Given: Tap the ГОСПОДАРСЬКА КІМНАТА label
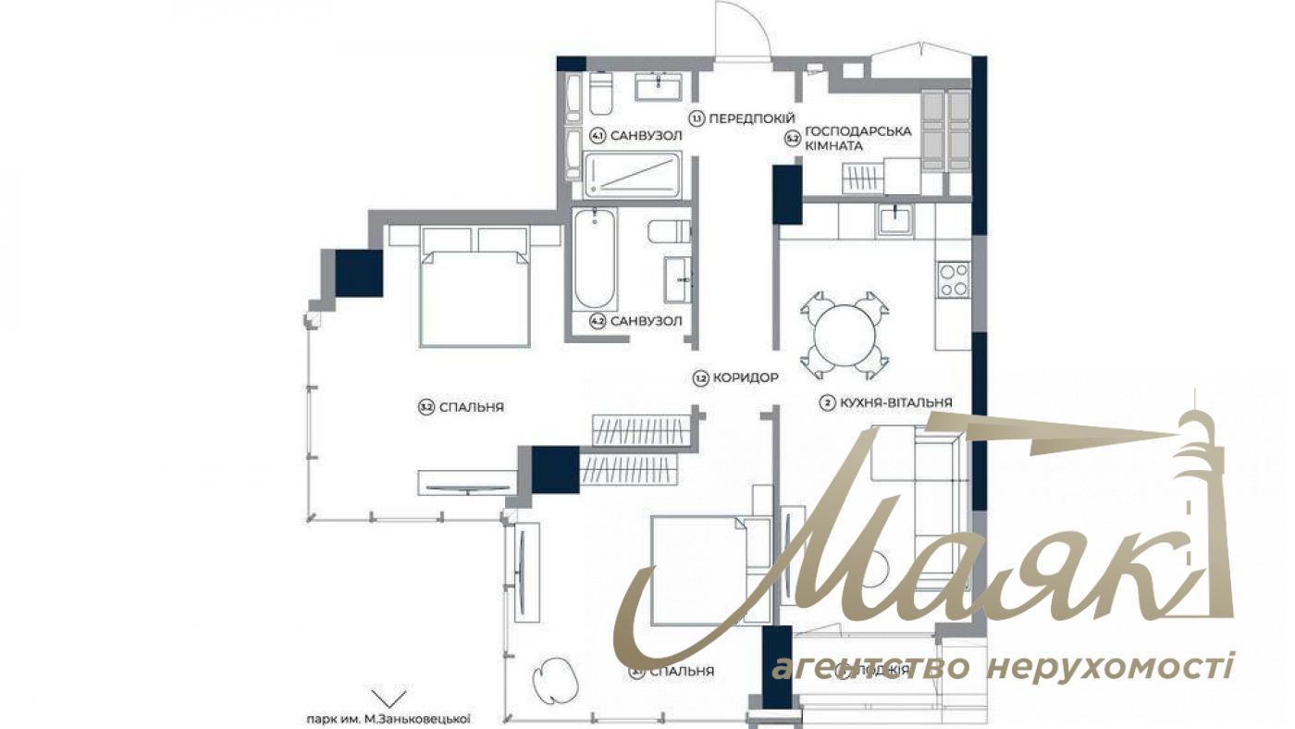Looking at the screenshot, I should [857, 138].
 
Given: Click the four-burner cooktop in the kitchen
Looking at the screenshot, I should [954, 279].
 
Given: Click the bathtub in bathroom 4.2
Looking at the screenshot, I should [596, 260].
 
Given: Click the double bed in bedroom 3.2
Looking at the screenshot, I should [475, 287].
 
